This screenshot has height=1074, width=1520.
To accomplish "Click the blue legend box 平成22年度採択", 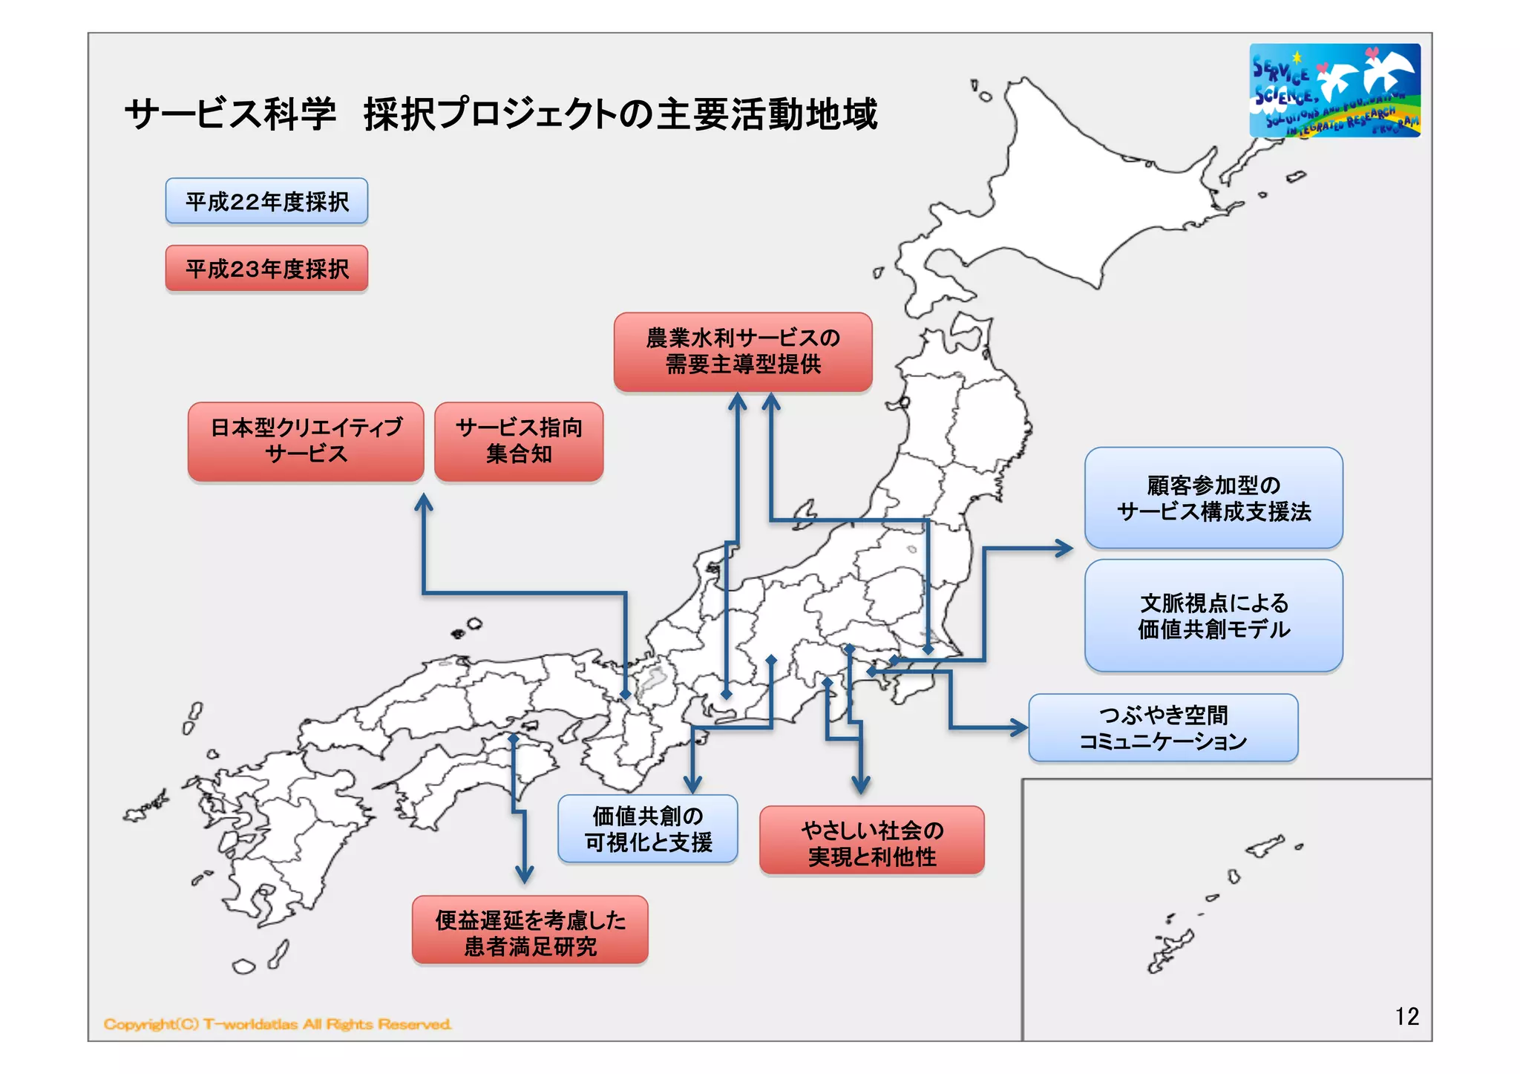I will [266, 201].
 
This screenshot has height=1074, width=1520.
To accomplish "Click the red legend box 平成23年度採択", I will [266, 268].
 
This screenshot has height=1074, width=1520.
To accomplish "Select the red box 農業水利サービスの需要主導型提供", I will [742, 352].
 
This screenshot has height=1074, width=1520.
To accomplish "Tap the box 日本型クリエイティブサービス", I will [306, 442].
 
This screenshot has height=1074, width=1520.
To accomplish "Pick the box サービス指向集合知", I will [518, 442].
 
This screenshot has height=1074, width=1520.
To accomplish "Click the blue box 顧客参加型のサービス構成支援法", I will [1213, 498].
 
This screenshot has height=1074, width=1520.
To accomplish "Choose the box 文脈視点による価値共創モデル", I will [1213, 616].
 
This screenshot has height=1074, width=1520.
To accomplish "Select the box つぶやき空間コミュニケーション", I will [1162, 728].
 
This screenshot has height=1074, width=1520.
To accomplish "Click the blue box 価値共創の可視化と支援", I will [647, 829].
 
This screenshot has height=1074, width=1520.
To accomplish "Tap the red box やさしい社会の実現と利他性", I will [871, 841].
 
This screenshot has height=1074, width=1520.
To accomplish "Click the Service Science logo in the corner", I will [1334, 91].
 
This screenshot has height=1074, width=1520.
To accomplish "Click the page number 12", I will [1406, 1016].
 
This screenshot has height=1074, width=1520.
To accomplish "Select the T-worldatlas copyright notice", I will [277, 1024].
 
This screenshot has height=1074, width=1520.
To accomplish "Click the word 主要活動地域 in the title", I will [767, 114].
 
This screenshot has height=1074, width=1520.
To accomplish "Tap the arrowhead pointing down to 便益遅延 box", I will [525, 874].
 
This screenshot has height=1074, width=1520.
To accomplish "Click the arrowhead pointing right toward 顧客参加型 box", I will [1065, 549].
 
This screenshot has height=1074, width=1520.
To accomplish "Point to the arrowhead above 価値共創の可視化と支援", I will [692, 784].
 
